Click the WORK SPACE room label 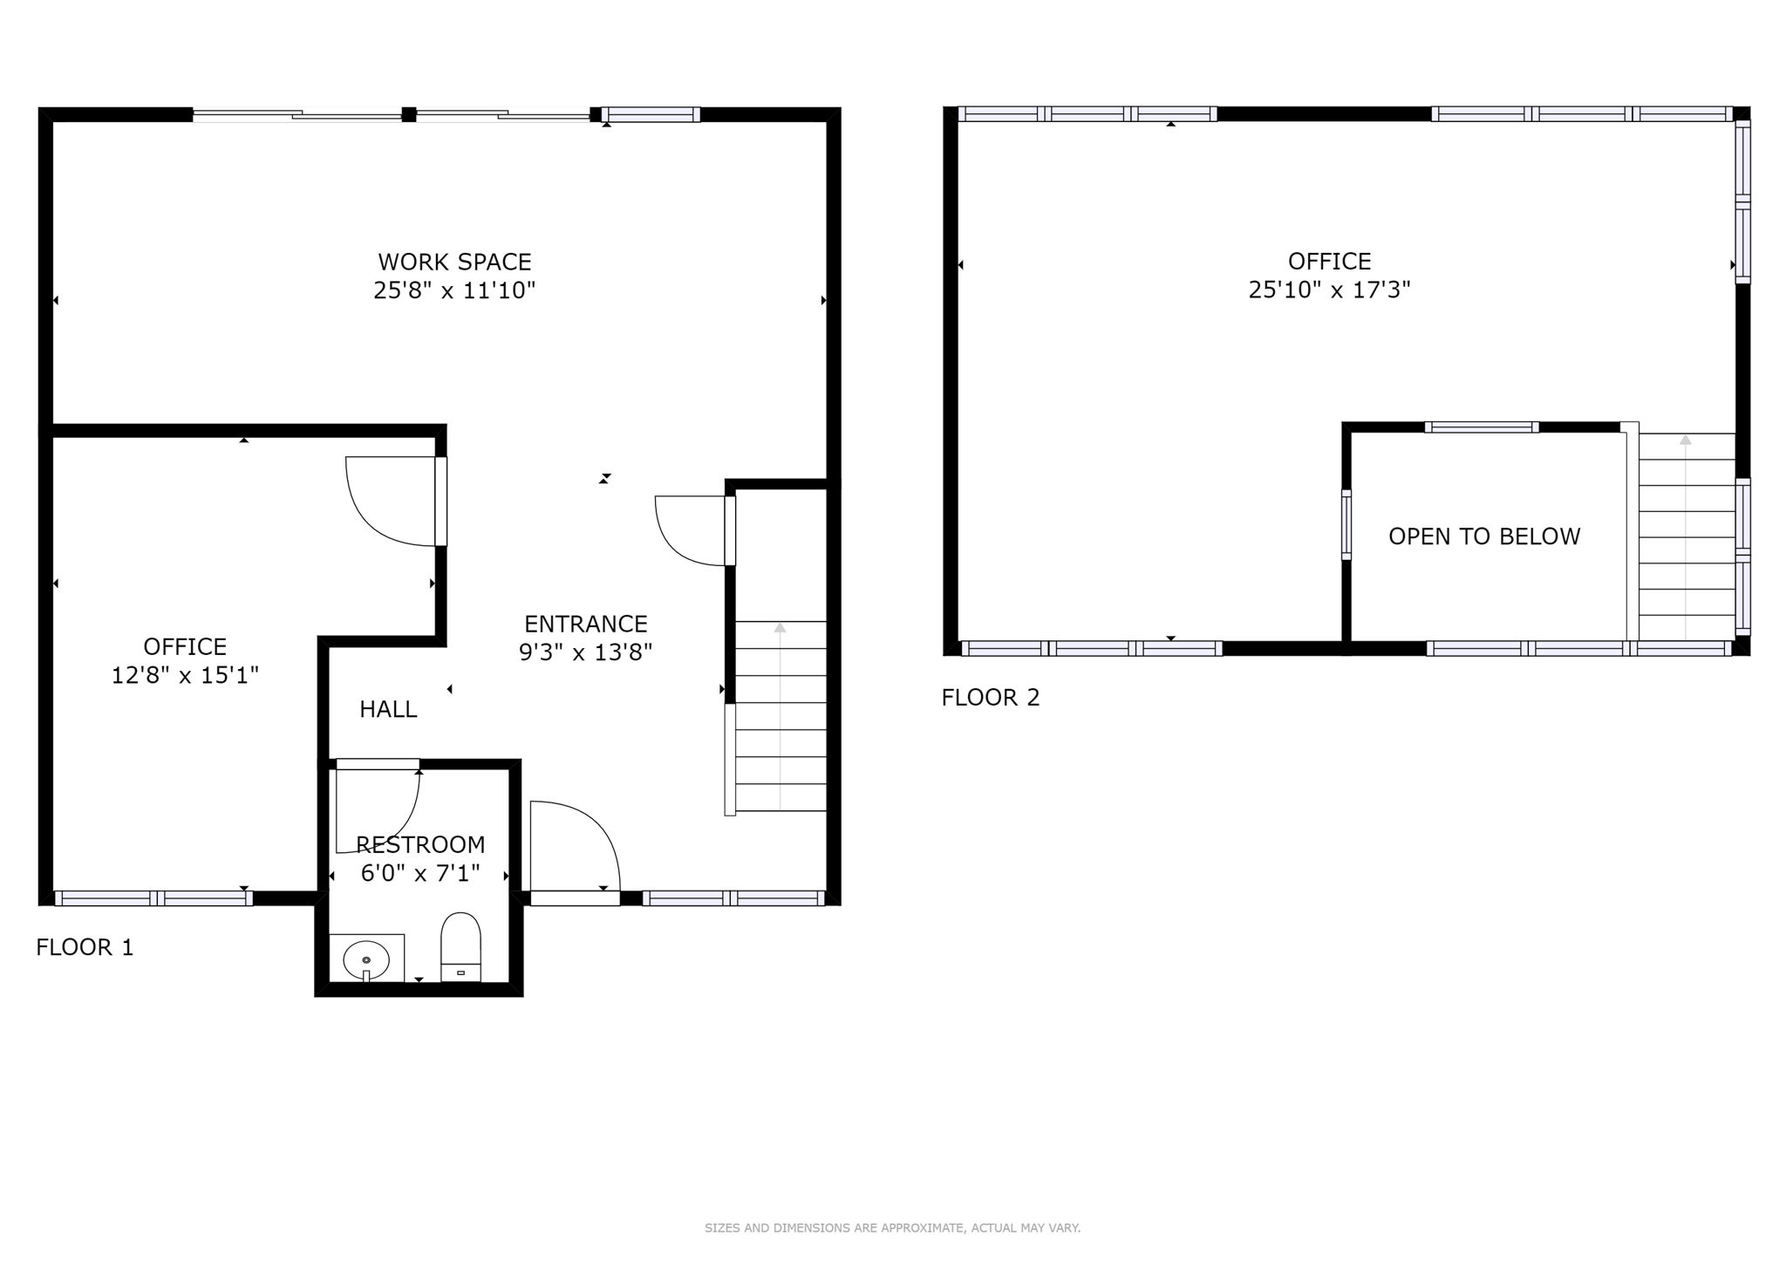(454, 262)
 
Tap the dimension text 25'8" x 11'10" (454, 290)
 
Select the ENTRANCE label (585, 624)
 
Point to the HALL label (388, 709)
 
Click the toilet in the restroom (460, 946)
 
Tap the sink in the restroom (366, 959)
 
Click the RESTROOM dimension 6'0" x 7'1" (420, 873)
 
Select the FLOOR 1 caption (85, 947)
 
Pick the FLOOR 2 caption (991, 698)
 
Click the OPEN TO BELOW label (1484, 536)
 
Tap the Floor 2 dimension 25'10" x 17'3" (1329, 290)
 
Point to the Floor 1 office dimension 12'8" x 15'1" (185, 675)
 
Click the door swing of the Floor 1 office (384, 506)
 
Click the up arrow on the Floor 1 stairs (780, 627)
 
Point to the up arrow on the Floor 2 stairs (1685, 440)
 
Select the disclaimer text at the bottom (892, 1228)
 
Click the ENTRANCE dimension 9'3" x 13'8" (585, 652)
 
